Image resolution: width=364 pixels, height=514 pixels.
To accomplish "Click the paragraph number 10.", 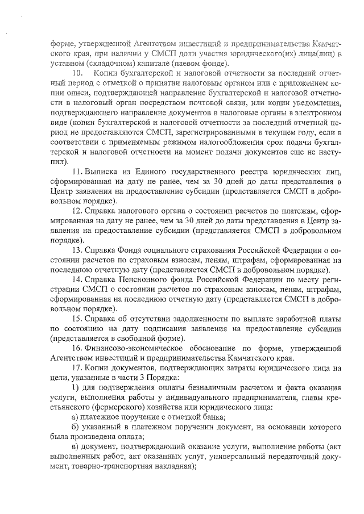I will pos(78,74).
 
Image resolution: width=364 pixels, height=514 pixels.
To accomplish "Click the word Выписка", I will pos(104,171).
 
